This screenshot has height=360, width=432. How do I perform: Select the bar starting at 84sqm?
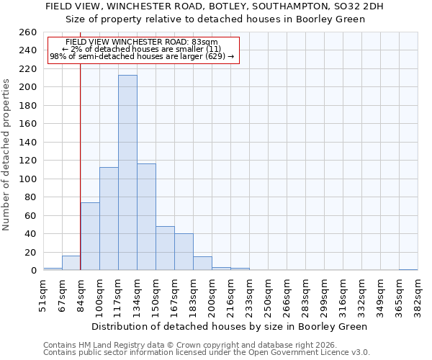click(90, 236)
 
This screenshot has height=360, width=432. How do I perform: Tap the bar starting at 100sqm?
click(109, 219)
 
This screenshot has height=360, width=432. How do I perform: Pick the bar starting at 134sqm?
click(146, 217)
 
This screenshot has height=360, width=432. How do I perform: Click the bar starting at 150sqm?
click(165, 248)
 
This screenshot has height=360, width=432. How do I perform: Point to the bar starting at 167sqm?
click(184, 252)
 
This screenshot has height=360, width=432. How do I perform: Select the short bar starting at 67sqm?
click(71, 264)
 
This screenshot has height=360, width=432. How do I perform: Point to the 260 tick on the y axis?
click(28, 32)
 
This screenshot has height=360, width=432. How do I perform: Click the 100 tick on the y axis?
click(28, 179)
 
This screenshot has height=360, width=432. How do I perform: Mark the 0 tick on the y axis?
click(34, 271)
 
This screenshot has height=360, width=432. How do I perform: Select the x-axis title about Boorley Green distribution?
click(230, 326)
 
